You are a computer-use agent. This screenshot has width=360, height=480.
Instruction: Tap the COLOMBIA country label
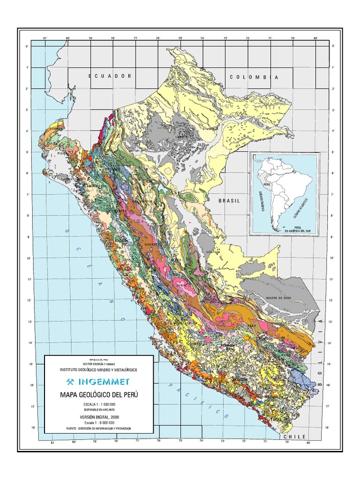(x=255, y=77)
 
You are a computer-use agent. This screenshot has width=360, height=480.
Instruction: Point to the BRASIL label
(x=229, y=201)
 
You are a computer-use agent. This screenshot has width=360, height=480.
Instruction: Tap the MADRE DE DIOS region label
(x=267, y=298)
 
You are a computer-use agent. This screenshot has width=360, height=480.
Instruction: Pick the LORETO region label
(x=181, y=137)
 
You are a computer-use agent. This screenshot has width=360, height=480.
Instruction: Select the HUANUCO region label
(x=153, y=244)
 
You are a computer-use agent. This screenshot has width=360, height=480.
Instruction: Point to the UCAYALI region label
(x=213, y=252)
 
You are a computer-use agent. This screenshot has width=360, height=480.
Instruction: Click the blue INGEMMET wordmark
(x=104, y=381)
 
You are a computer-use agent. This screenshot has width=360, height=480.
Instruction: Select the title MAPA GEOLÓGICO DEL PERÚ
(x=99, y=394)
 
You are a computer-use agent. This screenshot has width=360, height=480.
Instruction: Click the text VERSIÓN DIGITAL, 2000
(x=99, y=417)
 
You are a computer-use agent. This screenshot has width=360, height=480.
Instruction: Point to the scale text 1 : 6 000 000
(x=99, y=422)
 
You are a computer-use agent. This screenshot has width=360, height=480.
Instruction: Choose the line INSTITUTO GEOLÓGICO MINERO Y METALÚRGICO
(x=99, y=369)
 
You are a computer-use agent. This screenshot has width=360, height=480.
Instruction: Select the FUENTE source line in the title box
(x=99, y=428)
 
